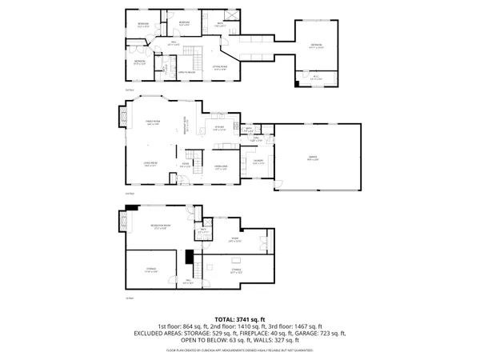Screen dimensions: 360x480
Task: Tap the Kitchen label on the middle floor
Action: [x=218, y=128]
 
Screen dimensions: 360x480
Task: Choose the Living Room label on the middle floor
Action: [x=150, y=165]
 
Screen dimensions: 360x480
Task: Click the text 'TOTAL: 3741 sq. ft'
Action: [x=239, y=318]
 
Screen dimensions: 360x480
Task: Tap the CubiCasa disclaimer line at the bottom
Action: [x=239, y=350]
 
